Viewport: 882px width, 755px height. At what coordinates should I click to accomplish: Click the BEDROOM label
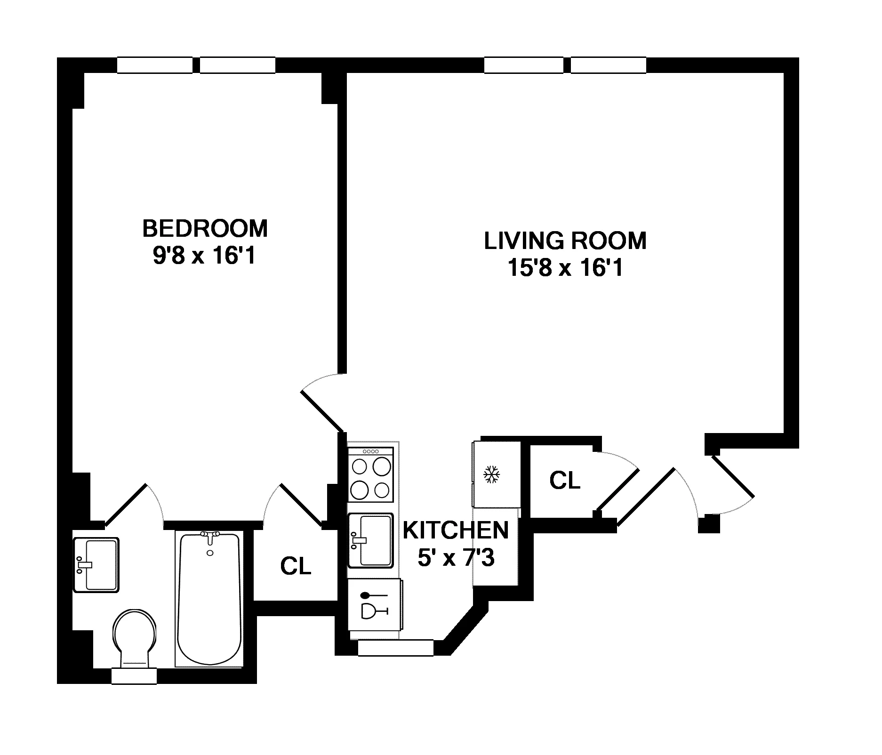pyautogui.click(x=205, y=229)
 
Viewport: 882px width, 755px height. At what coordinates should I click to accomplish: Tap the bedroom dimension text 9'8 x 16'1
pyautogui.click(x=204, y=257)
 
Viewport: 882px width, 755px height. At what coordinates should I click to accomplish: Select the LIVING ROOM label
pyautogui.click(x=565, y=241)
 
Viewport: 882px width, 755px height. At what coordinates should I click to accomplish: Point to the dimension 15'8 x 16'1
pyautogui.click(x=565, y=268)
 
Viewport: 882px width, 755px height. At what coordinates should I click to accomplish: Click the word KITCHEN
pyautogui.click(x=456, y=530)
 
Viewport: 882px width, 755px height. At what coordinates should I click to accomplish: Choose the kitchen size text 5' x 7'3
pyautogui.click(x=456, y=559)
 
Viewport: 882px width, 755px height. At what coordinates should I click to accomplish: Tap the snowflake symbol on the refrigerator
pyautogui.click(x=492, y=474)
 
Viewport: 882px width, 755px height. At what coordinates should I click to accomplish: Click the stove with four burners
pyautogui.click(x=371, y=474)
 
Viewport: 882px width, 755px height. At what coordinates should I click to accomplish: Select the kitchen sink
pyautogui.click(x=370, y=540)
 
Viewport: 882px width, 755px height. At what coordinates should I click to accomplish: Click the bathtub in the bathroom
pyautogui.click(x=209, y=599)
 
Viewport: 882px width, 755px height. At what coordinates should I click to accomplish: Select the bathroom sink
pyautogui.click(x=96, y=564)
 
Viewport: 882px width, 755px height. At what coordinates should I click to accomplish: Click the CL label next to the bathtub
pyautogui.click(x=296, y=566)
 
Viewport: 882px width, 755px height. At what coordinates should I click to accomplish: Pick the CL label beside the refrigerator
pyautogui.click(x=564, y=481)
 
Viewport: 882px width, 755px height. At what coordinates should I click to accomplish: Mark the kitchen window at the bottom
pyautogui.click(x=395, y=648)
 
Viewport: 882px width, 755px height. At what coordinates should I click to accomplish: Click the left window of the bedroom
pyautogui.click(x=154, y=65)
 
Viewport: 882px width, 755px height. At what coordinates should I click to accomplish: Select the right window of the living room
pyautogui.click(x=608, y=65)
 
